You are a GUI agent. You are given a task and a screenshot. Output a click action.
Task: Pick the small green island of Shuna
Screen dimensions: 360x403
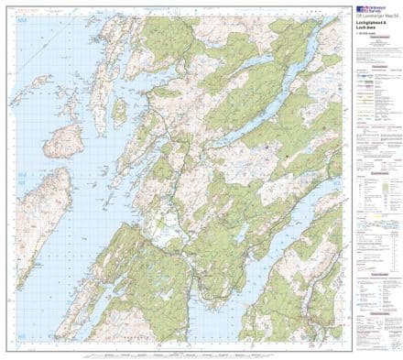pyautogui.click(x=119, y=111)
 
